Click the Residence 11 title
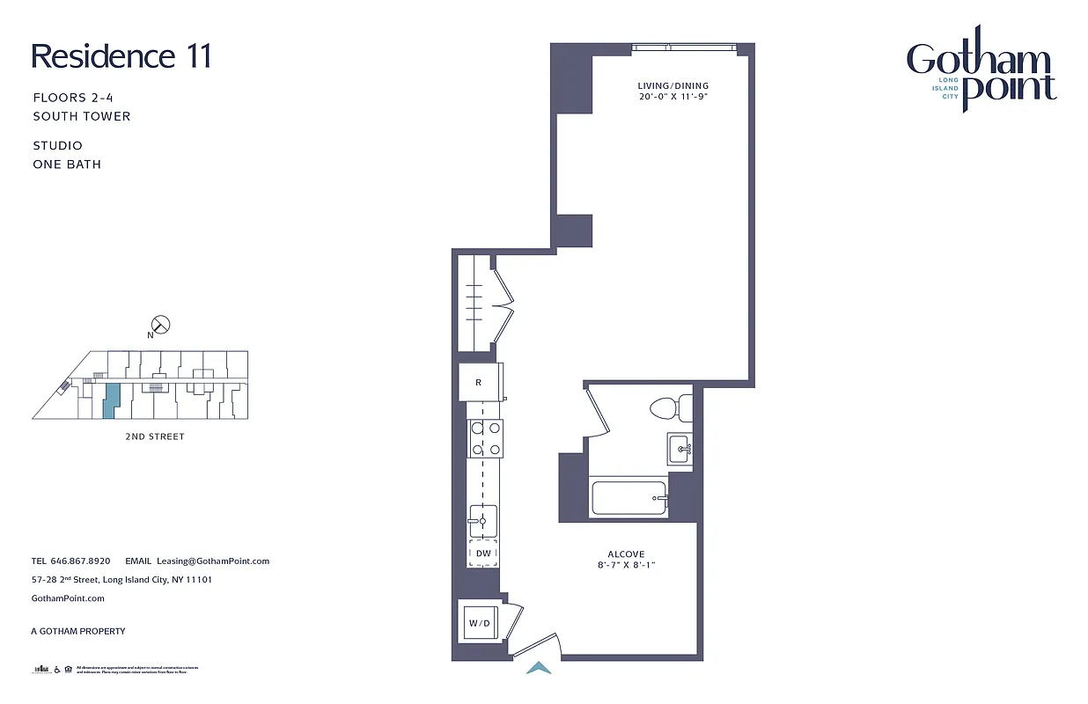121,56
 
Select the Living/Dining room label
673,85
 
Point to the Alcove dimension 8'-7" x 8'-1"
625,565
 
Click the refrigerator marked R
478,383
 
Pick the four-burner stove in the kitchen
485,437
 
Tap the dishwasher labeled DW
483,553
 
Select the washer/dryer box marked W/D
479,623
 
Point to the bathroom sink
680,448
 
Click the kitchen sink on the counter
483,521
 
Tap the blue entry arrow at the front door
538,669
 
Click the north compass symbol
161,325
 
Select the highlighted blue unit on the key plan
110,400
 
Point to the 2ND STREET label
154,436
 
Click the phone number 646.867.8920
80,561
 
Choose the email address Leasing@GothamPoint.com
213,561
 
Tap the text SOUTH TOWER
82,116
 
